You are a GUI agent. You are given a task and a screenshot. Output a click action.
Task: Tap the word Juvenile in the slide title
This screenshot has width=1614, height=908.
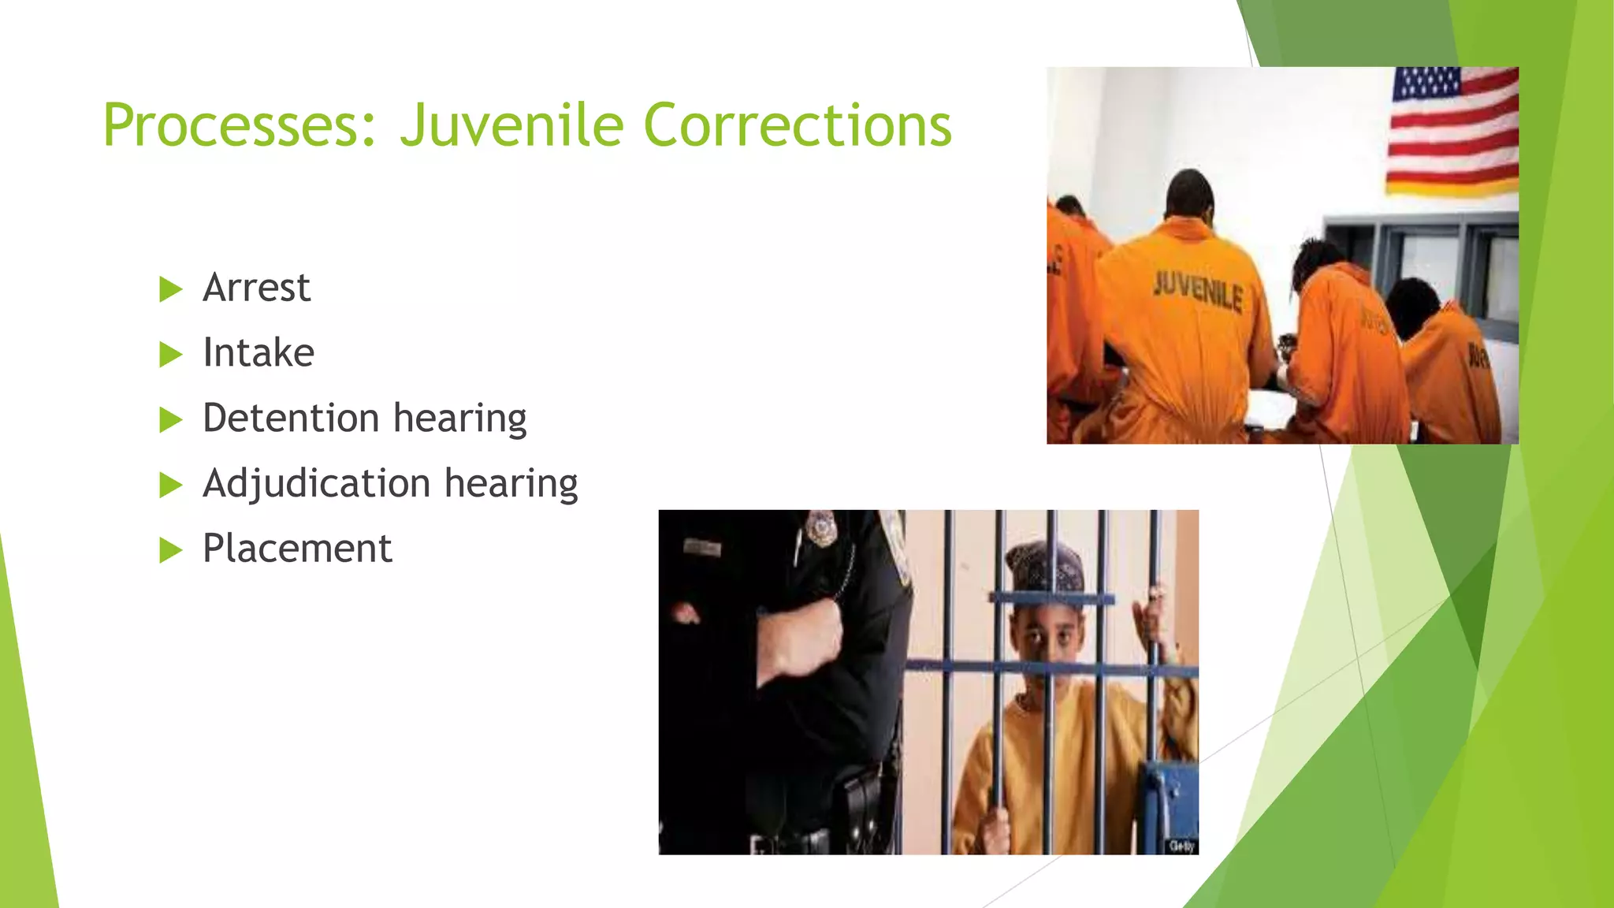pyautogui.click(x=511, y=126)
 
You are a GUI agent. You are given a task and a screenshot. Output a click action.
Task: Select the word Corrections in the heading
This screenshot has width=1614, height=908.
pyautogui.click(x=798, y=126)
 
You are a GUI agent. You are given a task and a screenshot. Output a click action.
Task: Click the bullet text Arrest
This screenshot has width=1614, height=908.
pyautogui.click(x=256, y=288)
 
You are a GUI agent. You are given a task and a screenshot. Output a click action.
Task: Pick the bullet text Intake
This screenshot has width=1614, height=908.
pyautogui.click(x=258, y=352)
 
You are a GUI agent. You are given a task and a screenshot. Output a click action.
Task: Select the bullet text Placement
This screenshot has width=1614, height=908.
pyautogui.click(x=297, y=549)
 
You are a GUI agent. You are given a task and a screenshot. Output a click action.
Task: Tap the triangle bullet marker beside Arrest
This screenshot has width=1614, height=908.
pyautogui.click(x=170, y=289)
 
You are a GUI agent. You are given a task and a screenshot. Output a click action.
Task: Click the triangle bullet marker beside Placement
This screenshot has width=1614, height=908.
pyautogui.click(x=170, y=550)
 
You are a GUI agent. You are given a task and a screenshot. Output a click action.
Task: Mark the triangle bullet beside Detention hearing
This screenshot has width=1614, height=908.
pyautogui.click(x=170, y=419)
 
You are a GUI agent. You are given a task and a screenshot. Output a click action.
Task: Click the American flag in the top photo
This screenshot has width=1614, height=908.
pyautogui.click(x=1452, y=130)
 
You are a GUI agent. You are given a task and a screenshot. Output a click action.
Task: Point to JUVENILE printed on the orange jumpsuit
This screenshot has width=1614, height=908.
pyautogui.click(x=1198, y=292)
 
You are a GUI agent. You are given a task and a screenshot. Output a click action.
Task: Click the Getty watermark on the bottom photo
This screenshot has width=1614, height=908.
pyautogui.click(x=1181, y=846)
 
